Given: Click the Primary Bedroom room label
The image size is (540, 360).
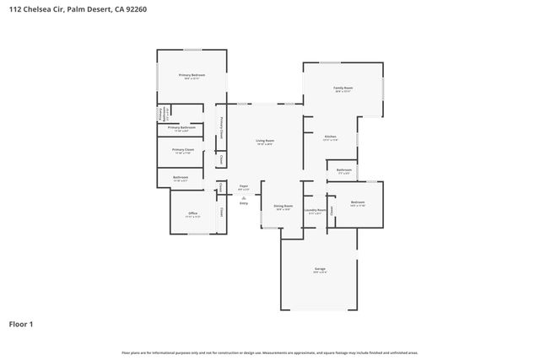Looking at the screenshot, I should [x=192, y=75].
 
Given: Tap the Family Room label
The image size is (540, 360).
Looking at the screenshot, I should [x=343, y=88].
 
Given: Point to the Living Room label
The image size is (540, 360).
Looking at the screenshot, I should [x=266, y=141].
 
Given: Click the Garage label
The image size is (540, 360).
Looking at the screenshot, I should [x=320, y=269].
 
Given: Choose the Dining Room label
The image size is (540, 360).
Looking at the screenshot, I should [x=283, y=206].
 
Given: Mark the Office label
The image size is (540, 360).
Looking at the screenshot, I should [x=192, y=213].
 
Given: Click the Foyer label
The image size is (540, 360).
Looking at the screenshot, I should [x=244, y=185].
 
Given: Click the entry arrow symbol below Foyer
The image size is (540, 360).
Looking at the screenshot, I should [x=244, y=197].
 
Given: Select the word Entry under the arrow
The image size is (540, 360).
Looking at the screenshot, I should [x=244, y=203].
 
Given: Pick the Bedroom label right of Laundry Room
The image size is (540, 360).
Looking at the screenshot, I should [x=358, y=202].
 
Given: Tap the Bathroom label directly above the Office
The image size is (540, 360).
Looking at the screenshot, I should [x=181, y=177].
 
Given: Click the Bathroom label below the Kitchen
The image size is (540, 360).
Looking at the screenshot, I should [x=343, y=170].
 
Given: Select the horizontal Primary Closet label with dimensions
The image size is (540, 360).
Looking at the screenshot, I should [x=183, y=149].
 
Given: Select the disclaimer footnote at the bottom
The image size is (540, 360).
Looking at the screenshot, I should [x=269, y=352].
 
